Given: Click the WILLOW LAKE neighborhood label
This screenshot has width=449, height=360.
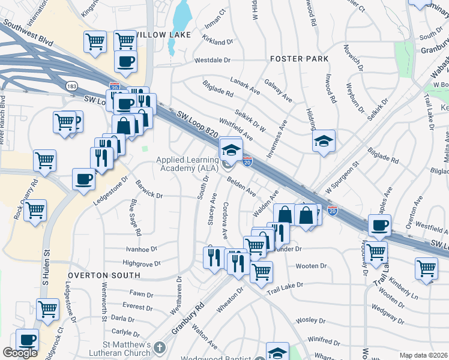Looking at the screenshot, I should click(164, 35).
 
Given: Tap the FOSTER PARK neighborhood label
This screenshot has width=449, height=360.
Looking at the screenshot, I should click(300, 59).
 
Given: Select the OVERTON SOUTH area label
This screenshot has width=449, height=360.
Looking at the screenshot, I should click(104, 275).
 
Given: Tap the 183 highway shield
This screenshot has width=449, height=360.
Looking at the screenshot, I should click(71, 86).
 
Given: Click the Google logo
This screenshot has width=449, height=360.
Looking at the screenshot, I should click(20, 353).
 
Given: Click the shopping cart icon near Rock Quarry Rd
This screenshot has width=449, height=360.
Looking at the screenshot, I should click(35, 209).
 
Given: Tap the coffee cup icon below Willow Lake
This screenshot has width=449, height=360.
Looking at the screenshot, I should click(125, 61).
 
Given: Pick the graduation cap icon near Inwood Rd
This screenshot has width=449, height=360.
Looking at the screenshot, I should click(324, 141).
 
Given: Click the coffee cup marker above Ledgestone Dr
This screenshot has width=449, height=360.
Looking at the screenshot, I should click(83, 178).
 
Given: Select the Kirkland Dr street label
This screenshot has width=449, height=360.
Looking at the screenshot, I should click(217, 42).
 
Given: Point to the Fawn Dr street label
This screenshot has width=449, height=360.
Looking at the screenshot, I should click(142, 293).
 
